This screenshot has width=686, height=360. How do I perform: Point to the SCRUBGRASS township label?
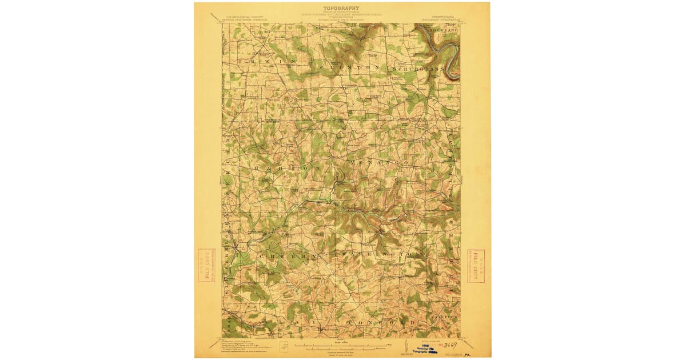418,69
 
